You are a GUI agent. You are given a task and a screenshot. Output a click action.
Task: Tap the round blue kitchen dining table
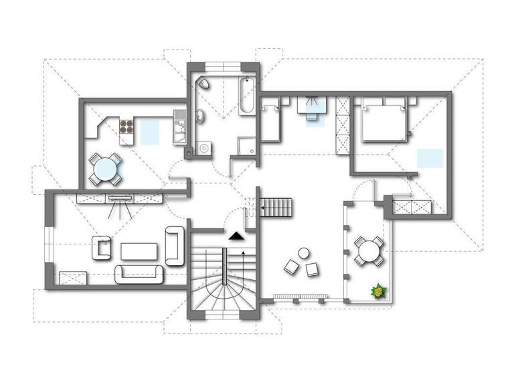(105, 169)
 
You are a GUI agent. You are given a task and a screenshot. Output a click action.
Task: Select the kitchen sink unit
(179, 127)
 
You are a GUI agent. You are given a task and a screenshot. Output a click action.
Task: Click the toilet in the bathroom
(203, 84)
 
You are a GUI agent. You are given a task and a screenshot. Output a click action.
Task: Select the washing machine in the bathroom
(203, 149)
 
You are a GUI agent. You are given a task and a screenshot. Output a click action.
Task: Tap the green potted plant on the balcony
(379, 291)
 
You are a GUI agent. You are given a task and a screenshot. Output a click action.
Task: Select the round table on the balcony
(369, 252)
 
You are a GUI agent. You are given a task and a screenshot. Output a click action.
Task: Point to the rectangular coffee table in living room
(139, 250)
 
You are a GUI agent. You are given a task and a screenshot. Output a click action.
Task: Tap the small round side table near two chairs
(304, 254)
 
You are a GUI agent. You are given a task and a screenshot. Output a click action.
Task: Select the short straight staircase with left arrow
(276, 207)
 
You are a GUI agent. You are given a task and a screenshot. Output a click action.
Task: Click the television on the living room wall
(120, 197)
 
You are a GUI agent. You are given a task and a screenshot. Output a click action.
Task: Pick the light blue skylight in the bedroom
(429, 158)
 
